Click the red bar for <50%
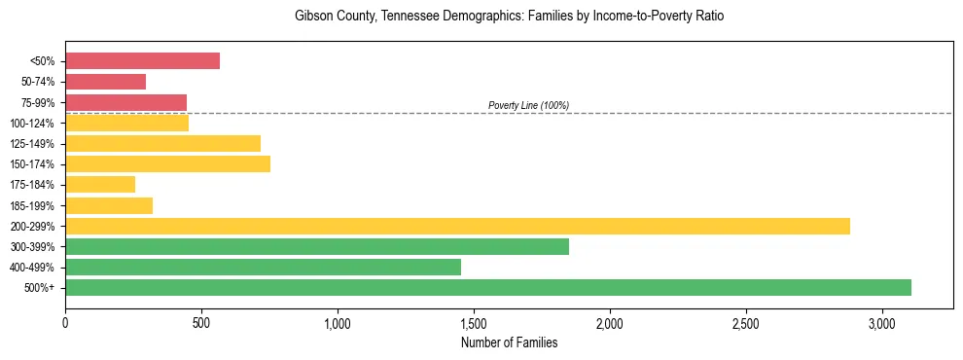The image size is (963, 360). click(142, 61)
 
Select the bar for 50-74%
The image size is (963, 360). click(105, 82)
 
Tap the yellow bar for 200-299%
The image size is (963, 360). click(457, 226)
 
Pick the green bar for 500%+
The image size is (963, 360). click(488, 287)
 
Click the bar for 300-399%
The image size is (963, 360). click(317, 246)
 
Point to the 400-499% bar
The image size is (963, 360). click(263, 267)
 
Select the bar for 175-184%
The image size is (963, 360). click(100, 185)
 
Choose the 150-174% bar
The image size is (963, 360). click(167, 164)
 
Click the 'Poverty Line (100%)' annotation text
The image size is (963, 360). click(528, 105)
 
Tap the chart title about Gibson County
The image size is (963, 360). click(509, 17)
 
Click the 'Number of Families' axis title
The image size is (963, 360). click(509, 342)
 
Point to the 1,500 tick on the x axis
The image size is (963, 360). click(474, 322)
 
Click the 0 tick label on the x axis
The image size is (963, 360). click(65, 322)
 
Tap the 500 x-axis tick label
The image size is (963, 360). click(201, 322)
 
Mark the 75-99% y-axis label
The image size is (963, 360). click(38, 103)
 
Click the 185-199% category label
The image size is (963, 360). click(34, 205)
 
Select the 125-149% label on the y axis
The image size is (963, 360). click(34, 144)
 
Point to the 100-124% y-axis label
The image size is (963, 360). click(34, 124)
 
